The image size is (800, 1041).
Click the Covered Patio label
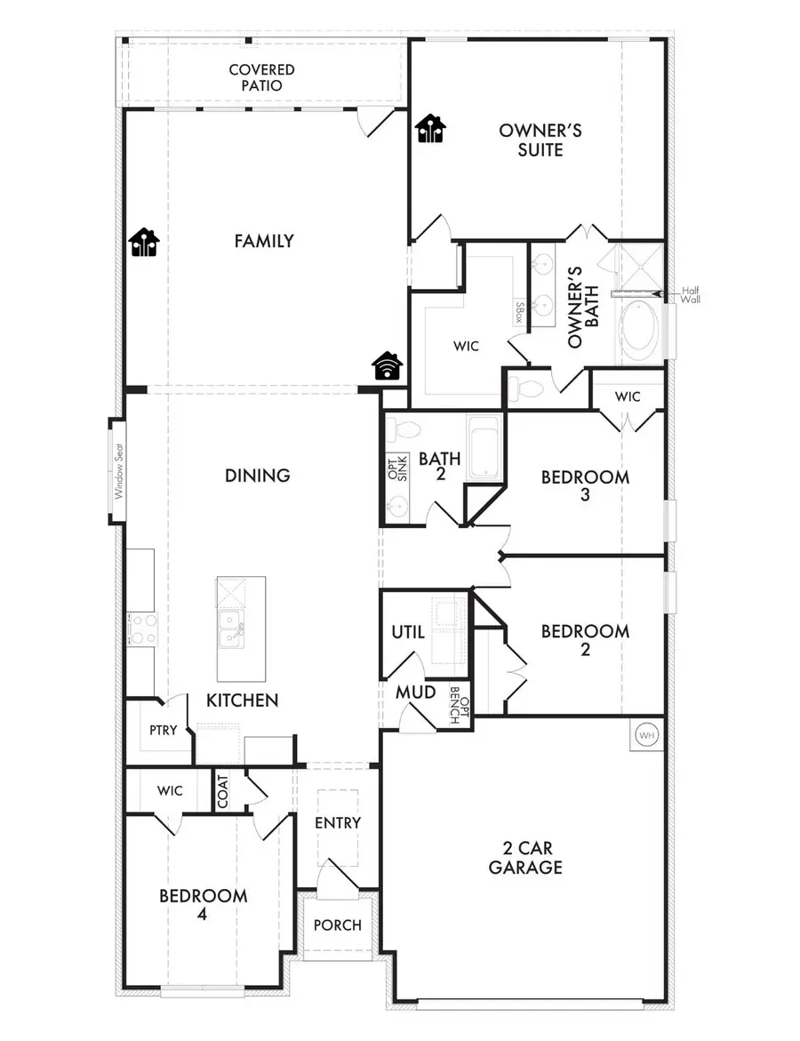click(261, 77)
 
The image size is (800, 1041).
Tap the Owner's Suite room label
click(540, 140)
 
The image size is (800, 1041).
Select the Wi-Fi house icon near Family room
click(388, 365)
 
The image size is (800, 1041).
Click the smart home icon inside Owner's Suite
click(431, 129)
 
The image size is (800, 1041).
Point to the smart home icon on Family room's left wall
click(144, 242)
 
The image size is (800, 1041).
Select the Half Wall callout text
click(691, 294)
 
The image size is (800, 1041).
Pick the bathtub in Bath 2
click(485, 449)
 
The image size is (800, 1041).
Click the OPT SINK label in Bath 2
click(393, 467)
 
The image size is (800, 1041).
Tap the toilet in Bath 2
click(406, 429)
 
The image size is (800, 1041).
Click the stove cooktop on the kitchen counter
click(142, 629)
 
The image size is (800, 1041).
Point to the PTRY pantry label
click(164, 730)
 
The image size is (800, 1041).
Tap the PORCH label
click(338, 925)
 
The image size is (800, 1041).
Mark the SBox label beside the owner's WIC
click(519, 310)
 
